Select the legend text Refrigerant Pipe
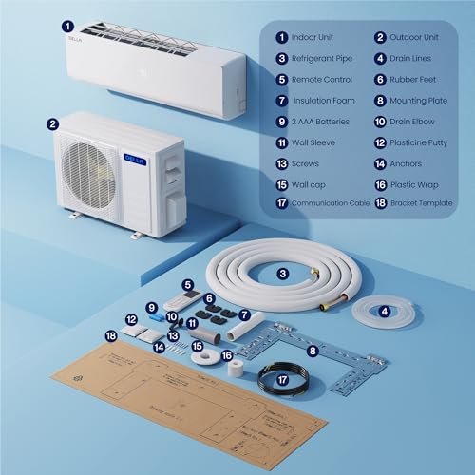323,59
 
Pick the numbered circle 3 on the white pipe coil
283,275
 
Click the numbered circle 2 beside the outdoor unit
53,123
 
